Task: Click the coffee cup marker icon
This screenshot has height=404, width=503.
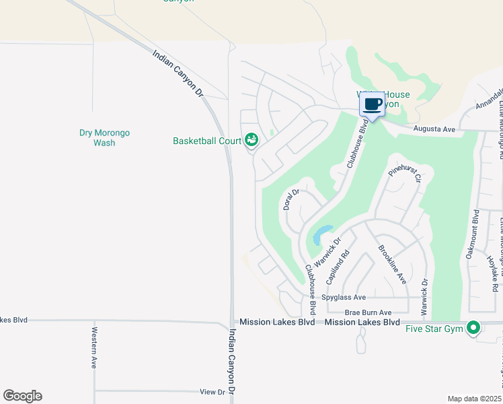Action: click(372, 104)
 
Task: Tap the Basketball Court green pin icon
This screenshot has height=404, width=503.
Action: click(251, 139)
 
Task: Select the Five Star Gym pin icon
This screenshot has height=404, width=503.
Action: click(473, 328)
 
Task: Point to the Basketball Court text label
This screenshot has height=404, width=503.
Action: click(206, 141)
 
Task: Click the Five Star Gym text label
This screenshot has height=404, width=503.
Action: click(436, 329)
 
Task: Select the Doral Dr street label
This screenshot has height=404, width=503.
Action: click(291, 199)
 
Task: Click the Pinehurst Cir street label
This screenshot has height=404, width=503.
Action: click(405, 170)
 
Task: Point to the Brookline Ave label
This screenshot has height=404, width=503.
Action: click(392, 263)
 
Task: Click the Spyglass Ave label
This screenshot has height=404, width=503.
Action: click(343, 297)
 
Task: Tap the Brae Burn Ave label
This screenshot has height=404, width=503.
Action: click(368, 312)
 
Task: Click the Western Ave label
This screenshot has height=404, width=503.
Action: click(95, 347)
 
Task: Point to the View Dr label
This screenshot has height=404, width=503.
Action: click(212, 391)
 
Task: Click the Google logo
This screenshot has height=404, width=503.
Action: click(22, 396)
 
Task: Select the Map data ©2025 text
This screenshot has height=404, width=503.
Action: click(475, 398)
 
